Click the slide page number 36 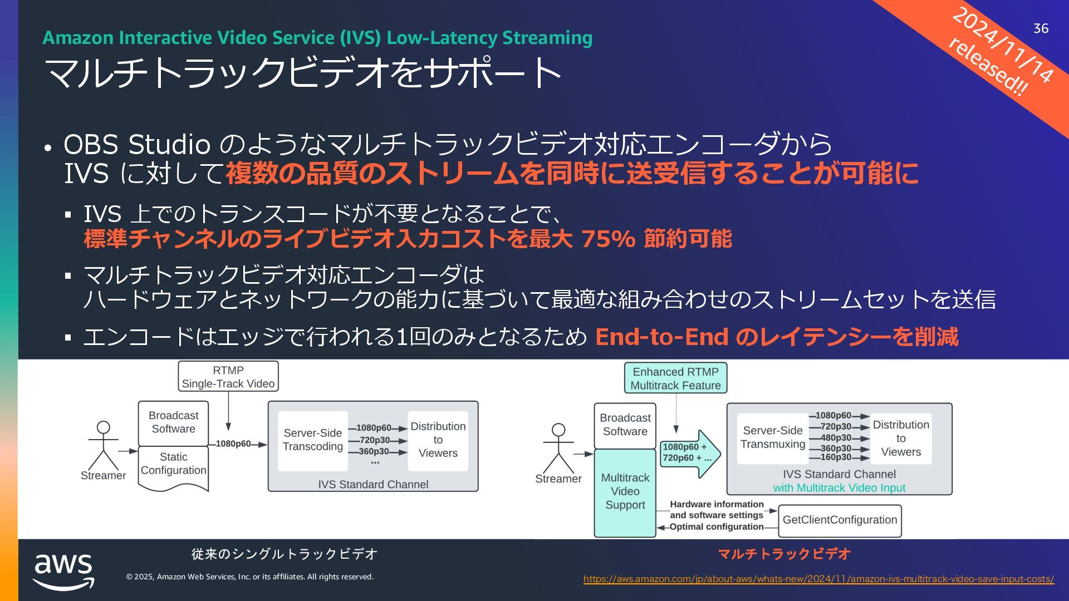coord(1041,28)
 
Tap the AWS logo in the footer coord(63,570)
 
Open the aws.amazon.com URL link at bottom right coord(818,579)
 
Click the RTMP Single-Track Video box coord(228,377)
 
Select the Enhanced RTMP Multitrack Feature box coord(675,378)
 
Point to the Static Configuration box coord(173,464)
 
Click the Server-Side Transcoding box coord(313,440)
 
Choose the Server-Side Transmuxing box coord(773,438)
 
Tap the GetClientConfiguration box coord(840,520)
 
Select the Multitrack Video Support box coord(625,492)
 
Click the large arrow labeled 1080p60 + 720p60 coord(689,453)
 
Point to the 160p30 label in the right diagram coord(835,457)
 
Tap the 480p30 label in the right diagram coord(835,438)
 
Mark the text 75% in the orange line coord(608,239)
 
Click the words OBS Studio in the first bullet coord(137,145)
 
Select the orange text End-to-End coord(661,337)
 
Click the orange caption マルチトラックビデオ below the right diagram coord(784,554)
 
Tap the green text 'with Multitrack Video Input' coord(839,488)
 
